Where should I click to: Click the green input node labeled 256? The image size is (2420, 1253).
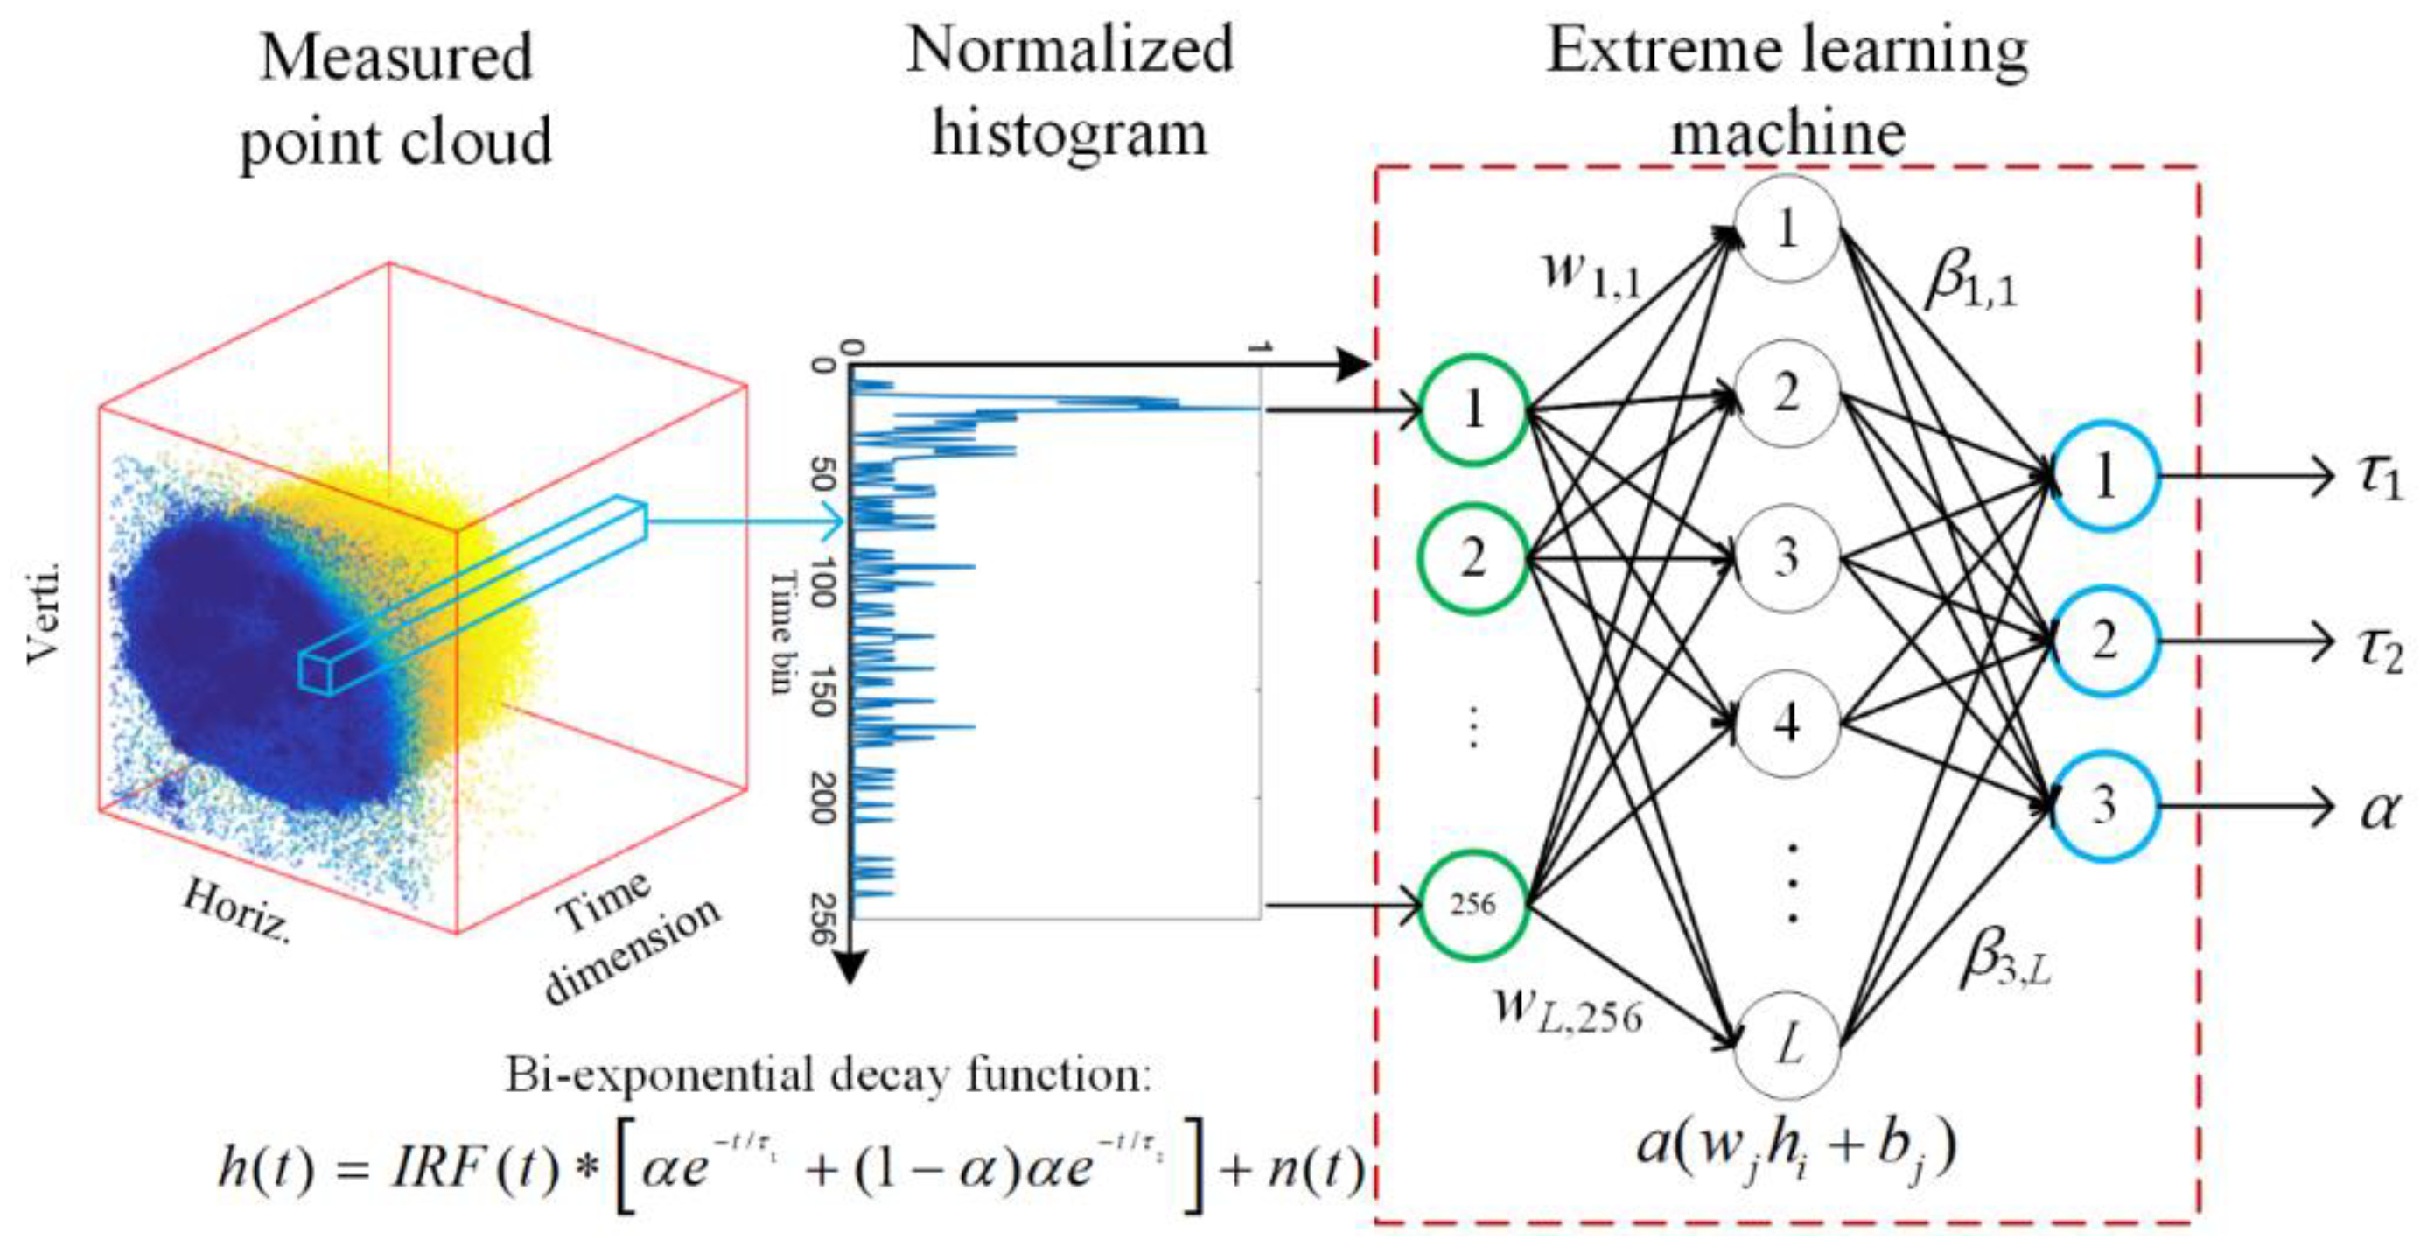click(x=1472, y=905)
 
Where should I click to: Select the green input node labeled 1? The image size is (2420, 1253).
click(x=1472, y=409)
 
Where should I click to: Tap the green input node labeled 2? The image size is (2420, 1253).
click(x=1472, y=559)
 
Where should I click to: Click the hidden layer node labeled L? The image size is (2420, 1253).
click(x=1787, y=1046)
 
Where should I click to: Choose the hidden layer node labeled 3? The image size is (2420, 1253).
click(x=1787, y=558)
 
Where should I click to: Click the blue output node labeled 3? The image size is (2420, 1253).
click(x=2104, y=805)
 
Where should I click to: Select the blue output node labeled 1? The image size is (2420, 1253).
click(x=2104, y=476)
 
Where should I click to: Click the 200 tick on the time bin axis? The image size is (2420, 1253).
click(x=823, y=797)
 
